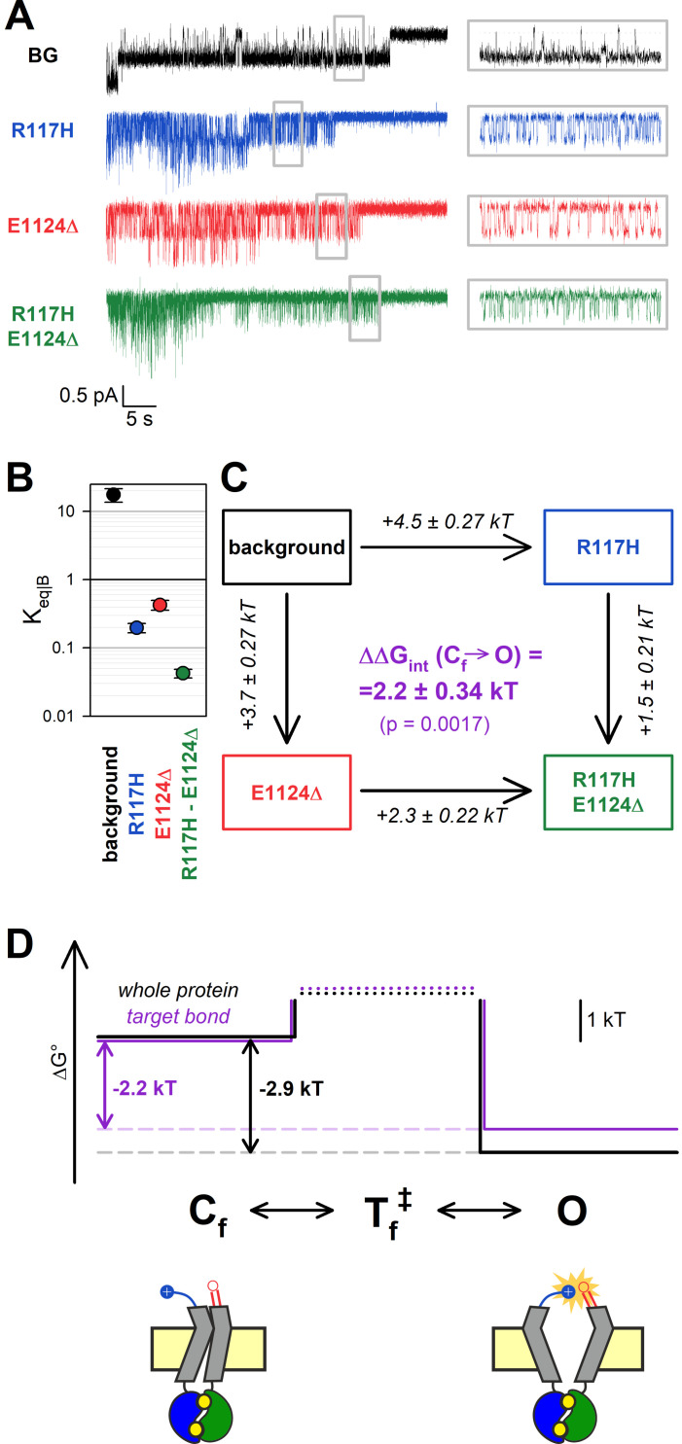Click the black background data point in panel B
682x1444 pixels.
[x=114, y=495]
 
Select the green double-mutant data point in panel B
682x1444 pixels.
[x=183, y=673]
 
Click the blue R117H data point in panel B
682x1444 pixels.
[x=137, y=628]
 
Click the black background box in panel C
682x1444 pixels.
[x=287, y=547]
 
